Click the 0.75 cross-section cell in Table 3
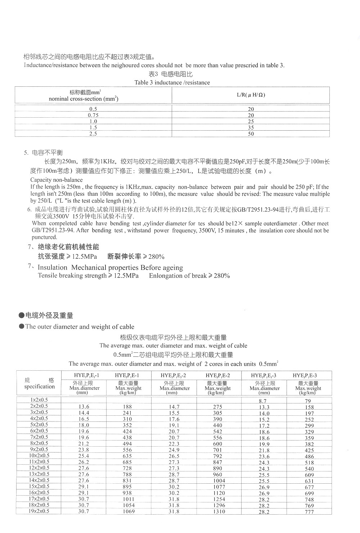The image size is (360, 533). tap(93, 115)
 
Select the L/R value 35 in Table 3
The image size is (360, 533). tap(251, 127)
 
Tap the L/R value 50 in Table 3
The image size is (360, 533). tap(251, 134)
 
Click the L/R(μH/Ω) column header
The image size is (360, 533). tap(251, 95)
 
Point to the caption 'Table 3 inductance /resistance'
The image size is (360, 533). tap(172, 82)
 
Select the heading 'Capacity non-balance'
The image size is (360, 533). tap(57, 180)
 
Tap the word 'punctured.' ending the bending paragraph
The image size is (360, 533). tap(44, 237)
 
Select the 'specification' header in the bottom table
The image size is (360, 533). tap(40, 387)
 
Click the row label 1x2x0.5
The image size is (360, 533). tap(39, 400)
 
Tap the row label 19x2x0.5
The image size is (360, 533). tap(39, 511)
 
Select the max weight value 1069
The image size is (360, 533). tap(128, 511)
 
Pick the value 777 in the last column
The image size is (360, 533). tap(309, 512)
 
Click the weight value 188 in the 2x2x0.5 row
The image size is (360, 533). tap(127, 407)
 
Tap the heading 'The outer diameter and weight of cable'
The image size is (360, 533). tap(80, 327)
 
